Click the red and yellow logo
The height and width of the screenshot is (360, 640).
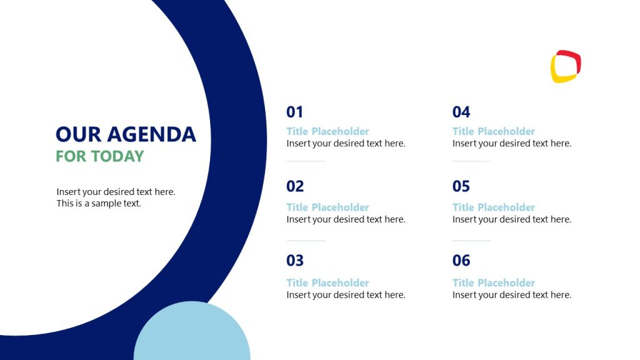566,66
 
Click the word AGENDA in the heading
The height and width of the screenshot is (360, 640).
152,134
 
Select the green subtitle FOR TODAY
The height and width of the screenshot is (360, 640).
100,156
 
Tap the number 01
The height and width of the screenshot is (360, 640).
294,112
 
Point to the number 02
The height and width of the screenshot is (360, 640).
295,186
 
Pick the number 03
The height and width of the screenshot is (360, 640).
295,261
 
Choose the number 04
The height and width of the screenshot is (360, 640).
461,112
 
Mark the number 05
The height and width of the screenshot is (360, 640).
461,186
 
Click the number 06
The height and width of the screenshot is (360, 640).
461,261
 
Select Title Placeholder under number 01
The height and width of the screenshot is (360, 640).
327,131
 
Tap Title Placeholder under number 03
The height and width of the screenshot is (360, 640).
327,282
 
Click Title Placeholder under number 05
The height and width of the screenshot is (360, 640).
494,207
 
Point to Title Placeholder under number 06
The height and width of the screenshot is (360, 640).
494,282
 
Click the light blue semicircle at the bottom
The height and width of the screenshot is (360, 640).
192,334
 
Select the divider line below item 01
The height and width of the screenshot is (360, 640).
306,161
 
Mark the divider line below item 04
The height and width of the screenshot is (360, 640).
471,161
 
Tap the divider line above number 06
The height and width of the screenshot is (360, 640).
471,241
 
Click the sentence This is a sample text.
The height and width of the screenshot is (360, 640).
99,203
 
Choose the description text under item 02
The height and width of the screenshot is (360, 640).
346,219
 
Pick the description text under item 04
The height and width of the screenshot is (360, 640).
511,143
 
